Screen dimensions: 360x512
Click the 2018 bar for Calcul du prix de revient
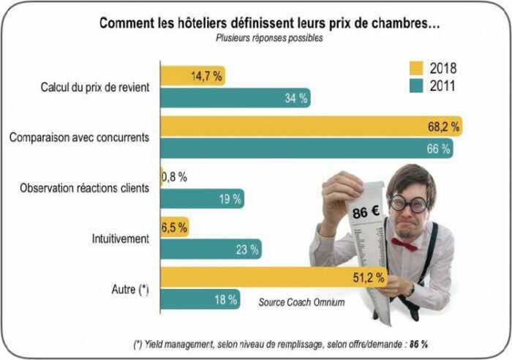click(x=192, y=75)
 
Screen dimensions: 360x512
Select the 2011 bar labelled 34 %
click(x=235, y=97)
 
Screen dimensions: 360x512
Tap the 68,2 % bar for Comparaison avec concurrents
click(x=312, y=127)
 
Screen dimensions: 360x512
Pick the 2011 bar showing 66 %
click(x=306, y=148)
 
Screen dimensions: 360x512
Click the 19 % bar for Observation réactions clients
click(x=203, y=198)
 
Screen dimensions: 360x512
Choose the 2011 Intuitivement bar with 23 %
click(x=211, y=249)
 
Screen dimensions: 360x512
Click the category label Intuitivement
click(x=121, y=238)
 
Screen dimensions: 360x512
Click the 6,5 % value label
click(x=173, y=227)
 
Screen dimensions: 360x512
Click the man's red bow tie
click(x=404, y=244)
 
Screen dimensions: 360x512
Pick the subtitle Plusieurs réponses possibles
click(x=268, y=38)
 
